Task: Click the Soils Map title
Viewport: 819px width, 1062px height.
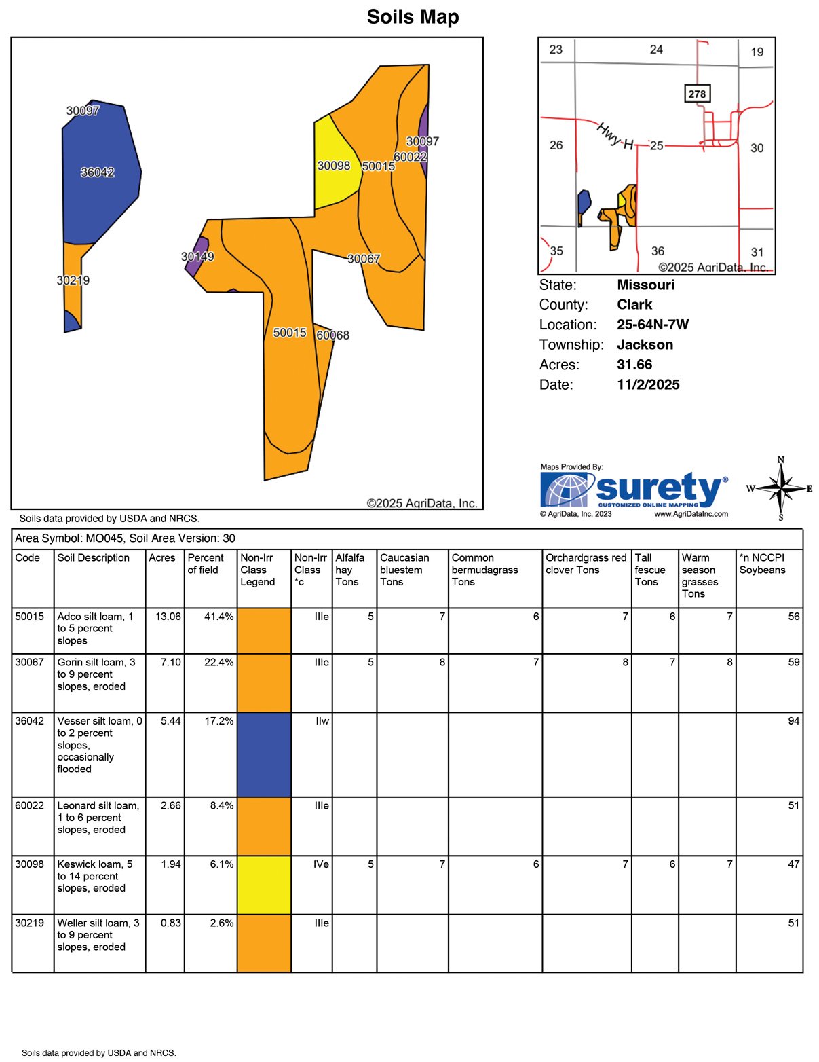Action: coord(413,17)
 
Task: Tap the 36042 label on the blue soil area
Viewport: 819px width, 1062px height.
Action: coord(98,172)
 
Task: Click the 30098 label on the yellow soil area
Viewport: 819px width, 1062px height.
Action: coord(334,166)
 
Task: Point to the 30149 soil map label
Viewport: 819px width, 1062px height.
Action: coord(197,257)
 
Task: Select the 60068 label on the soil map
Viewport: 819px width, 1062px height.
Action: coord(332,335)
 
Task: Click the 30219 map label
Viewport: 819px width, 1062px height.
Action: coord(73,280)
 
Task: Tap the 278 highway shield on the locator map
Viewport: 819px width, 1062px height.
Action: coord(697,94)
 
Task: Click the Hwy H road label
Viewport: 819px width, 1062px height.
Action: coord(615,136)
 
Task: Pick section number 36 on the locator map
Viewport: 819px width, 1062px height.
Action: coord(658,251)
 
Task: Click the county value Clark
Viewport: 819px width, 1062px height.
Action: coord(634,305)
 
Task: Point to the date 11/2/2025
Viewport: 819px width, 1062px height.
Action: coord(648,385)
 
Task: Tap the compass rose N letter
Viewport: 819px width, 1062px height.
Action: coord(781,460)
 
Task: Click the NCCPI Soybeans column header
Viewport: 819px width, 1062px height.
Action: coord(762,564)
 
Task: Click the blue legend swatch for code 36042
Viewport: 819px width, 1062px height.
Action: coord(264,754)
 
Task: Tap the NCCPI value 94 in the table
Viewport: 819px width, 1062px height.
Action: coord(793,721)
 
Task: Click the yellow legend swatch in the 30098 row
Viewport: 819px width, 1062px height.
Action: coord(264,885)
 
